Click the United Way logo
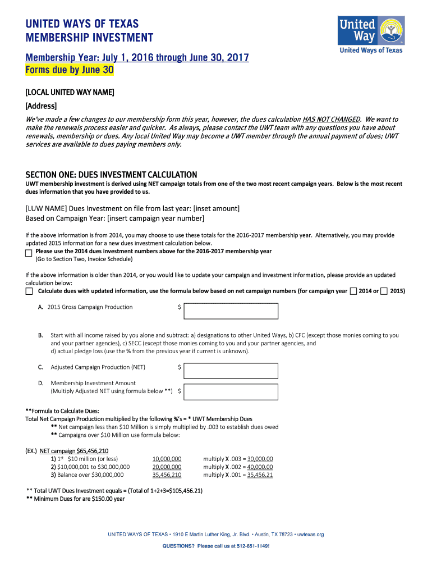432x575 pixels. pyautogui.click(x=370, y=34)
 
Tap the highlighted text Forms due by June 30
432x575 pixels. pyautogui.click(x=70, y=70)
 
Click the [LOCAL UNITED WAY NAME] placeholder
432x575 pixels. pyautogui.click(x=70, y=92)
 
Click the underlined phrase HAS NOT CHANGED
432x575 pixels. pyautogui.click(x=330, y=120)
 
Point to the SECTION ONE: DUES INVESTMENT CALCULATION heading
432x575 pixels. pyautogui.click(x=111, y=175)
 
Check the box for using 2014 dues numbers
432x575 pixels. pyautogui.click(x=29, y=253)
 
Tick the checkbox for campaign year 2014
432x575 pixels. pyautogui.click(x=353, y=291)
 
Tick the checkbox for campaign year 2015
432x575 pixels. pyautogui.click(x=384, y=291)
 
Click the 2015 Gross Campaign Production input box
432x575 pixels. pyautogui.click(x=231, y=311)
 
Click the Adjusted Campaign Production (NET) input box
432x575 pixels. pyautogui.click(x=231, y=371)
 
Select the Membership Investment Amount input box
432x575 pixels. pyautogui.click(x=231, y=391)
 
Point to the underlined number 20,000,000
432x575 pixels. pyautogui.click(x=167, y=467)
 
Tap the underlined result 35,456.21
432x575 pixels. pyautogui.click(x=260, y=474)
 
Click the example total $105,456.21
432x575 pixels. pyautogui.click(x=183, y=490)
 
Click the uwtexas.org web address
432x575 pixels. pyautogui.click(x=310, y=535)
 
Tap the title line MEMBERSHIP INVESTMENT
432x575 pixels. pyautogui.click(x=89, y=38)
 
